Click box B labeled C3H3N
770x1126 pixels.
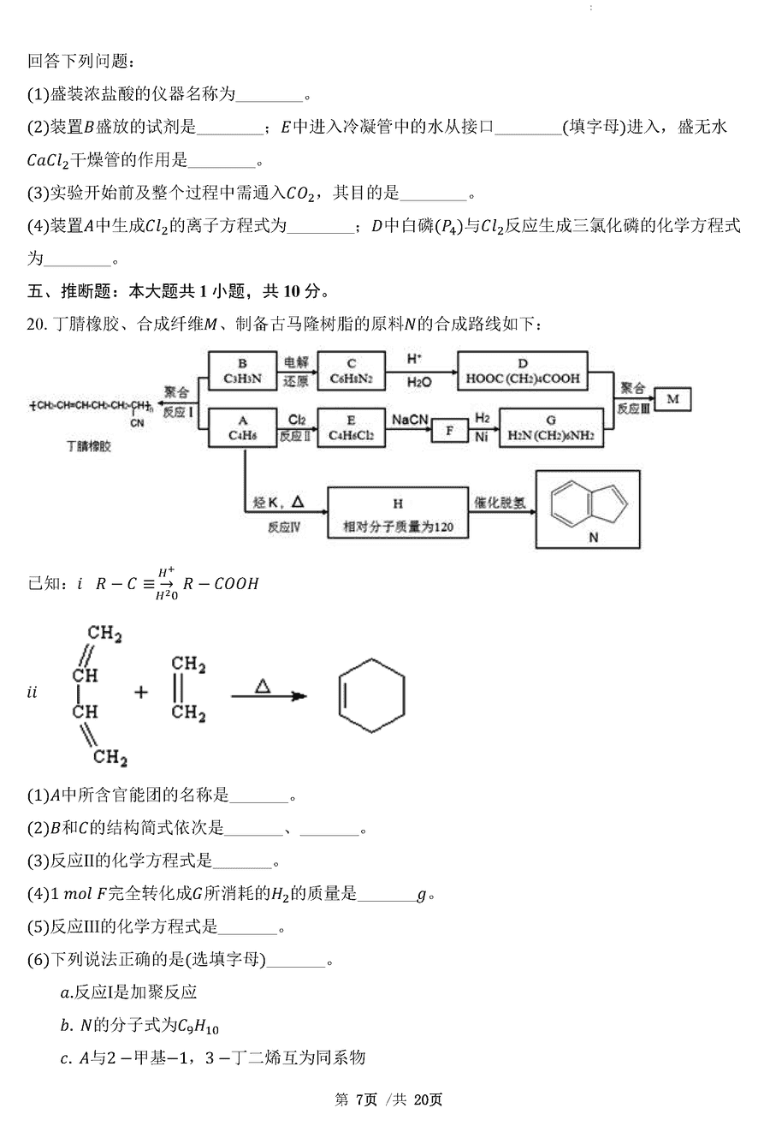[242, 371]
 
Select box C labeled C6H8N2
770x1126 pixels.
[351, 371]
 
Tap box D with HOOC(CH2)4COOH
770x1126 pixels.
[523, 371]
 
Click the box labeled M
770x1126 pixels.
[672, 399]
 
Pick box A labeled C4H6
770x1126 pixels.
[242, 427]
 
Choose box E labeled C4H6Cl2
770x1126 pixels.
[351, 427]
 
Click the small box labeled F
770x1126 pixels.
[449, 431]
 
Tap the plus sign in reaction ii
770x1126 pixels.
[141, 692]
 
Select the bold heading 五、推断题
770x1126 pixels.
[68, 291]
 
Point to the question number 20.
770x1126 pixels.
[38, 323]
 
